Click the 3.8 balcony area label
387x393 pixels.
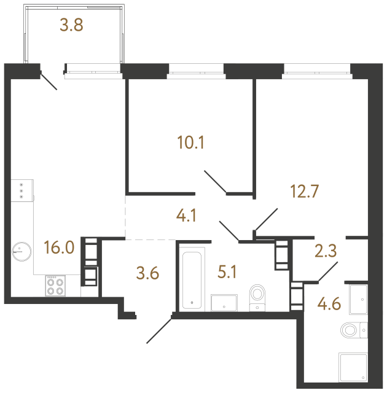tap(71, 25)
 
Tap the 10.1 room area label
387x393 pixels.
tap(191, 142)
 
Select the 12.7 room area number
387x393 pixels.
tap(304, 191)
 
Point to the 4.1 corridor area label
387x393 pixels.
tap(186, 216)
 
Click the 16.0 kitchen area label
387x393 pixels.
tap(59, 247)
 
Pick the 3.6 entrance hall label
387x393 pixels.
tap(147, 273)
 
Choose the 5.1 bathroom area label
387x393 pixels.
tap(227, 272)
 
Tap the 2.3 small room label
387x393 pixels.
tap(326, 251)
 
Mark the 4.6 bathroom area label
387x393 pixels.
tap(329, 304)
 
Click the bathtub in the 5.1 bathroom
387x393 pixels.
tap(192, 280)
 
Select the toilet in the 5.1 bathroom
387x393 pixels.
tap(257, 298)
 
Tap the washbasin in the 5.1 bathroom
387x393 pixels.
tap(224, 303)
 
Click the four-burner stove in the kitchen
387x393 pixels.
tap(55, 286)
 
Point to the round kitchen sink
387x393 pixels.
tap(21, 252)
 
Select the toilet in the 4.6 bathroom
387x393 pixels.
tap(354, 330)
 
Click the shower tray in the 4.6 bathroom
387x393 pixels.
tap(353, 367)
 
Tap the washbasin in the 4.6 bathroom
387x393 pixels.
tap(358, 299)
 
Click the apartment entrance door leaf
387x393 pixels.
tap(159, 330)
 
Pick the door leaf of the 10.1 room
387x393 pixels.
tap(215, 182)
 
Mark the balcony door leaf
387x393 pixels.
tap(49, 82)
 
